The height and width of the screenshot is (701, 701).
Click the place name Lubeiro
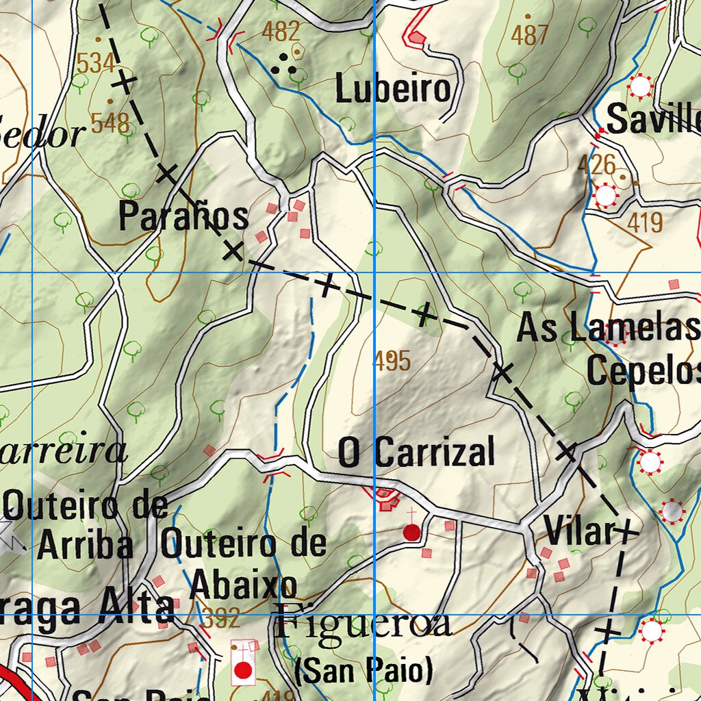[394, 90]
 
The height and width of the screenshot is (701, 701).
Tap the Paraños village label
[183, 217]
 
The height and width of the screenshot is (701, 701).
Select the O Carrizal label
[416, 453]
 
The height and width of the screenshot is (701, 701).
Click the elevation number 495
[393, 361]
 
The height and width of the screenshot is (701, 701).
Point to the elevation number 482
[281, 31]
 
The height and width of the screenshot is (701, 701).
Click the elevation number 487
[531, 35]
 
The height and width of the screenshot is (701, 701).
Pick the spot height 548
[110, 124]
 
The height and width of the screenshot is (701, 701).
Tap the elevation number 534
[95, 64]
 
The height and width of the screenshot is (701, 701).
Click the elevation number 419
[645, 222]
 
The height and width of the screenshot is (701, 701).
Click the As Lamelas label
[608, 328]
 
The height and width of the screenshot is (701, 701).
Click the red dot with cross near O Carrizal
[411, 532]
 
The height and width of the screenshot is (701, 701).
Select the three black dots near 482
[283, 67]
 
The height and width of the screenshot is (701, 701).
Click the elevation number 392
[221, 620]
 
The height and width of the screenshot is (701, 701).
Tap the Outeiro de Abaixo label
[243, 565]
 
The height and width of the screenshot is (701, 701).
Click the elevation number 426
[596, 164]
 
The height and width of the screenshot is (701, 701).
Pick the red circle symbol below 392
[242, 670]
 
